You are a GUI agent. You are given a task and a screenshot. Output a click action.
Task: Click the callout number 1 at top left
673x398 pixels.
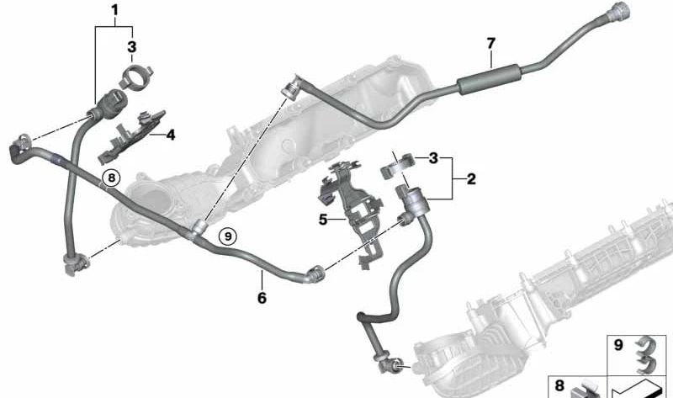[114, 10]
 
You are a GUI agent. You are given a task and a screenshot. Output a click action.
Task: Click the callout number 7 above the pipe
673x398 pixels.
[491, 44]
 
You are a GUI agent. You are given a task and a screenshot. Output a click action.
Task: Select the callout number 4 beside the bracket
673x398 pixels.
[171, 135]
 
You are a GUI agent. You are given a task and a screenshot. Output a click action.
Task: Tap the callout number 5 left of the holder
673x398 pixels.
[323, 220]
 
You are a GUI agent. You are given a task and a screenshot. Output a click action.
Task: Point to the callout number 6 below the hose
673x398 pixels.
[262, 298]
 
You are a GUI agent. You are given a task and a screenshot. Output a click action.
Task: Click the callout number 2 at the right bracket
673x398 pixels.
[471, 179]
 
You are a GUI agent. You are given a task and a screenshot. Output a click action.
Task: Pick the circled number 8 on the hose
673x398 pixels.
[112, 178]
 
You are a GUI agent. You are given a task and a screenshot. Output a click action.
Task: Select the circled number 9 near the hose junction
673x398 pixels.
[228, 236]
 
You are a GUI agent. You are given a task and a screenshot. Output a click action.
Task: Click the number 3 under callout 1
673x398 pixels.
[132, 47]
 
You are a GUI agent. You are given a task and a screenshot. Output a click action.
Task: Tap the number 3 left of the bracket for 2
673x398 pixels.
[433, 158]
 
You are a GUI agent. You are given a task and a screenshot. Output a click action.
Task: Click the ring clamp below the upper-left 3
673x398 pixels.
[136, 77]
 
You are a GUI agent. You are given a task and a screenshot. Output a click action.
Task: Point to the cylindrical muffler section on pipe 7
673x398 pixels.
[489, 79]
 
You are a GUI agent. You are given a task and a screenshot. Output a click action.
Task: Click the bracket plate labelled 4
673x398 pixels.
[131, 135]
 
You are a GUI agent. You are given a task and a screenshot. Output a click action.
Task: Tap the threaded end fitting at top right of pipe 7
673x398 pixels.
[618, 10]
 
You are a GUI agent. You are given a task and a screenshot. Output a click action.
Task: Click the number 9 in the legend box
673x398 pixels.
[618, 345]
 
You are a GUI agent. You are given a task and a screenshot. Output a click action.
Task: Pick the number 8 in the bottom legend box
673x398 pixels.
[559, 385]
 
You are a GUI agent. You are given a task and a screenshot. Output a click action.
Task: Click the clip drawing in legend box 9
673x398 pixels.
[646, 354]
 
